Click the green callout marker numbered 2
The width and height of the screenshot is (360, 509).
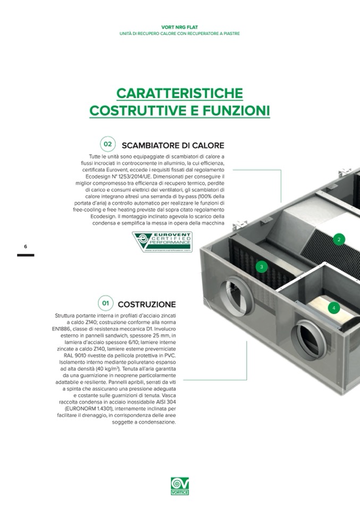(339, 239)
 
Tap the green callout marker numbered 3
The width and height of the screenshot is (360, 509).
(261, 266)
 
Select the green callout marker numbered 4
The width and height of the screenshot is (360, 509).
(333, 307)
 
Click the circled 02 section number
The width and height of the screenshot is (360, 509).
(107, 144)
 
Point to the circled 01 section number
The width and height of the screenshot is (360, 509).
(106, 303)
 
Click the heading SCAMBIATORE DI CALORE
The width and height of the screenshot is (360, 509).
(173, 145)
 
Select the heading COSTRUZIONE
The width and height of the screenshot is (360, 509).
(147, 304)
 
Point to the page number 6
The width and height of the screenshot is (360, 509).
(25, 247)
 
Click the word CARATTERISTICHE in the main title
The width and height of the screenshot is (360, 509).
(179, 93)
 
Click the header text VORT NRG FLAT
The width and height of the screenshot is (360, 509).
(179, 27)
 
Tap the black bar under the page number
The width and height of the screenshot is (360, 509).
(25, 255)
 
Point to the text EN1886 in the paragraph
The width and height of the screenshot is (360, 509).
(66, 329)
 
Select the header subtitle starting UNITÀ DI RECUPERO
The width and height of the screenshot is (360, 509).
(179, 33)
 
